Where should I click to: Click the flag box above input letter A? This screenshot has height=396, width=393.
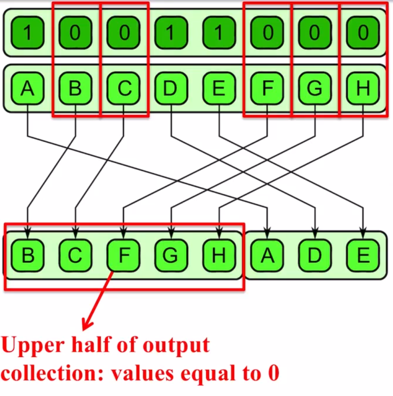click(x=28, y=32)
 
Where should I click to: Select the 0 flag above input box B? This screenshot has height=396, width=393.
click(x=75, y=32)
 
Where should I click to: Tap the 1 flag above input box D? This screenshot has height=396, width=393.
click(x=171, y=32)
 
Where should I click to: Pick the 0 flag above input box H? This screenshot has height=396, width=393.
click(x=363, y=32)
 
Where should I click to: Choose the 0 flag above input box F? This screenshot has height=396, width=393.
click(x=267, y=32)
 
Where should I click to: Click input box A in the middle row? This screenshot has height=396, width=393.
click(x=28, y=88)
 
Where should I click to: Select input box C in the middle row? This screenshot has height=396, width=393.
click(x=123, y=88)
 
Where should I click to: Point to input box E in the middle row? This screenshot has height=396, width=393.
click(x=219, y=88)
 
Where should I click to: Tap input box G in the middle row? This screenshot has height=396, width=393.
click(x=315, y=88)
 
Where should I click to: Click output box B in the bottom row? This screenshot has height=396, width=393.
click(x=28, y=255)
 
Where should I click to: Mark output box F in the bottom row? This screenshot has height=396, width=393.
click(x=123, y=255)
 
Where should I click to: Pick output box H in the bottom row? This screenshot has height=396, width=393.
click(x=219, y=255)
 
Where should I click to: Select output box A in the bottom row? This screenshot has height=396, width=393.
click(x=267, y=255)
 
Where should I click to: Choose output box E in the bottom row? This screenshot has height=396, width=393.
click(x=363, y=255)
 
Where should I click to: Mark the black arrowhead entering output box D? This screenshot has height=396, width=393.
click(x=315, y=234)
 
